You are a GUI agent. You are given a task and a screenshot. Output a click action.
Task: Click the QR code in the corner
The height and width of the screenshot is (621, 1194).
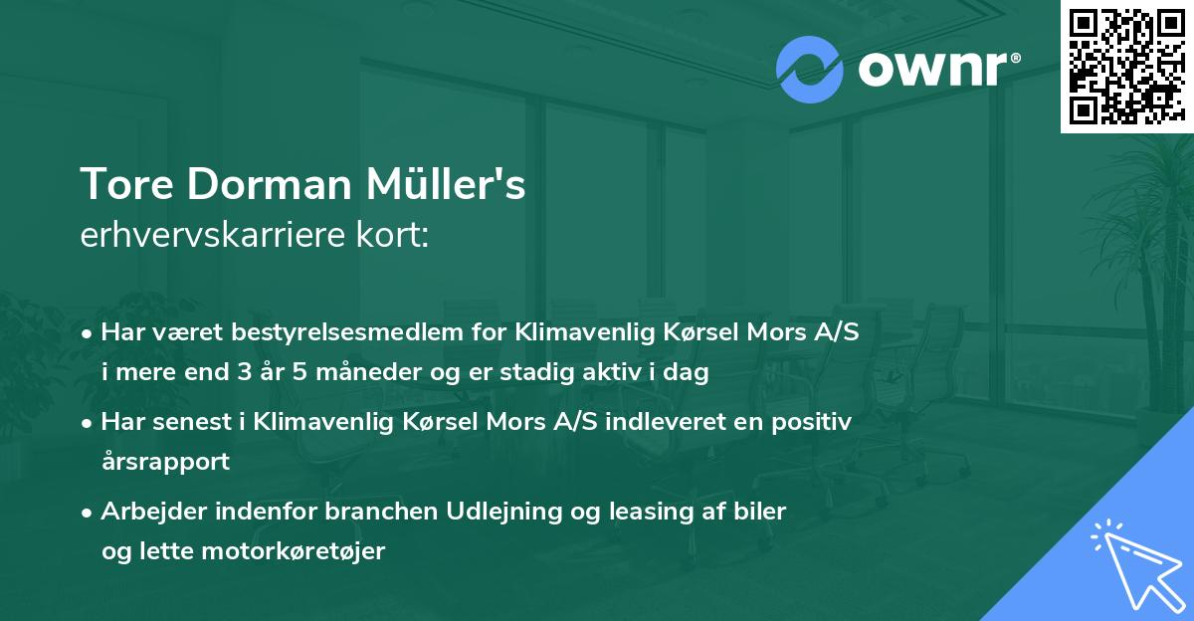tap(1126, 67)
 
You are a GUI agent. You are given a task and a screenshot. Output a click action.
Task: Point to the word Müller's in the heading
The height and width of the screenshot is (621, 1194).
tap(459, 185)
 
